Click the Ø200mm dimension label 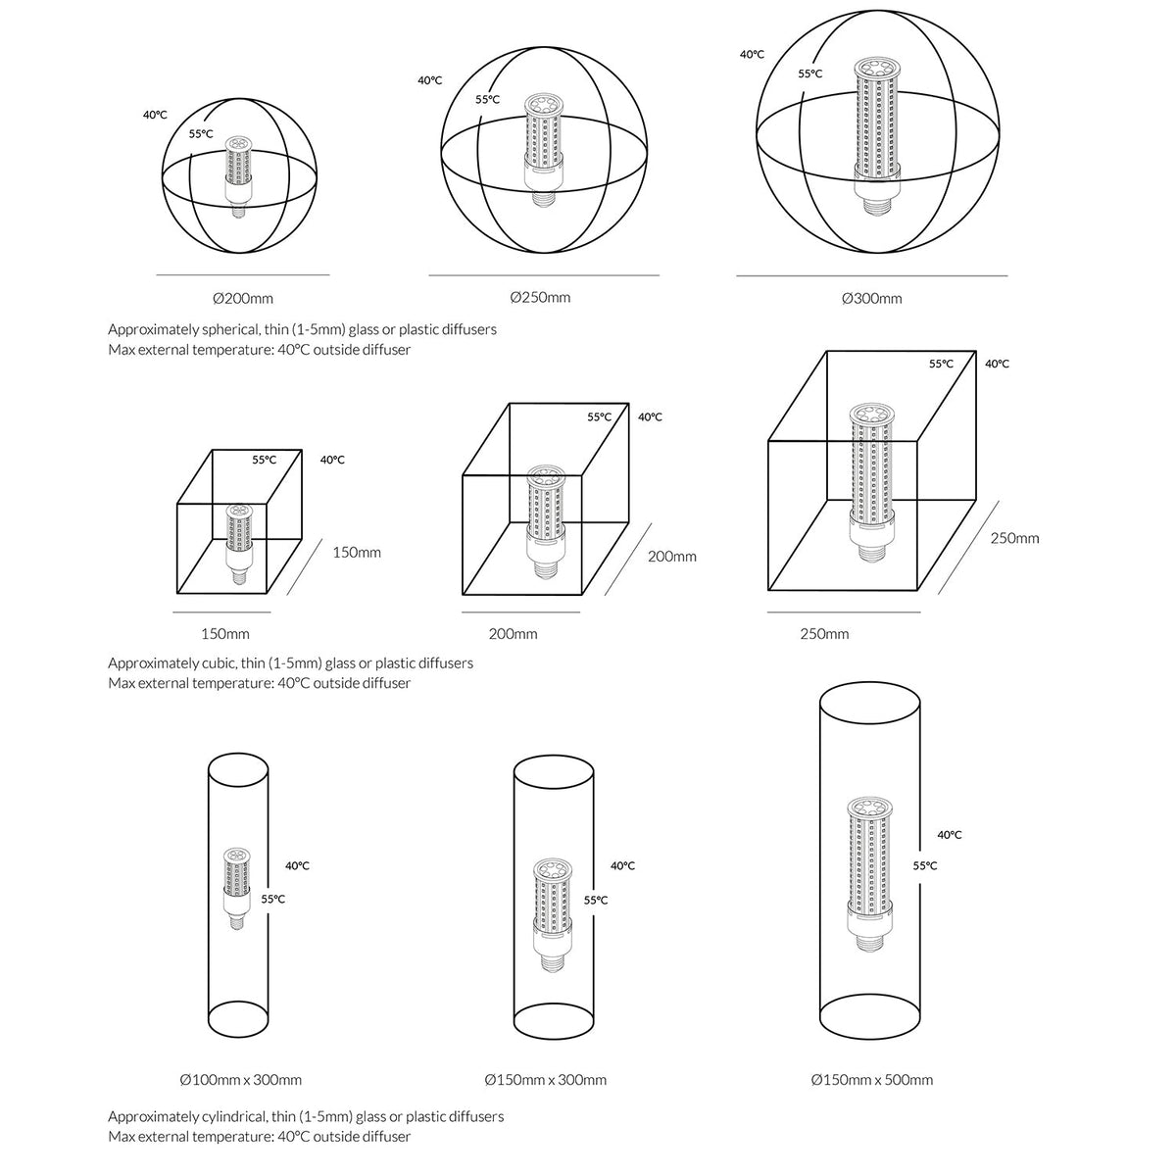[243, 299]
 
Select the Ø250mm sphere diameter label [540, 297]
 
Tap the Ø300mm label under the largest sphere [871, 299]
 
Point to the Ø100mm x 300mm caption [240, 1080]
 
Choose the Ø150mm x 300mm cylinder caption [545, 1080]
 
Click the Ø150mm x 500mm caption [871, 1080]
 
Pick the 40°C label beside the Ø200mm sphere [155, 115]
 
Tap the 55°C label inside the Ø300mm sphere [809, 73]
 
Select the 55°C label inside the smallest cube [265, 460]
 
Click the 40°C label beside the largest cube [997, 364]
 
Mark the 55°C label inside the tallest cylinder [924, 865]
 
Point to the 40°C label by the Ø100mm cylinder [297, 865]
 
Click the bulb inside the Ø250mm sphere [543, 150]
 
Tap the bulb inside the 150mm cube [238, 544]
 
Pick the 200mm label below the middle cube [513, 633]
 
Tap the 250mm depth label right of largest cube [1014, 538]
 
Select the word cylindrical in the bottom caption [234, 1116]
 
